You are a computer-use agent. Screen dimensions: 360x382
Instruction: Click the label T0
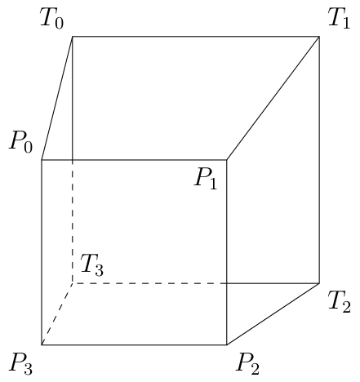(51, 19)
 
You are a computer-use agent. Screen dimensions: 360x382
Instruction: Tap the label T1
(338, 19)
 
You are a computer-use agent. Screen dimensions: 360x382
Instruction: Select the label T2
(340, 303)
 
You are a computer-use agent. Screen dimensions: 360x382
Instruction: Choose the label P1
(206, 179)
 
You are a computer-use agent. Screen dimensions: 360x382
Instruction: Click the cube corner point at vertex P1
(226, 160)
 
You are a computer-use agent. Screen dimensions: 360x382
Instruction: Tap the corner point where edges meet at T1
(318, 37)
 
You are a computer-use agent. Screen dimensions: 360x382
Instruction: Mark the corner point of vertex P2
(226, 344)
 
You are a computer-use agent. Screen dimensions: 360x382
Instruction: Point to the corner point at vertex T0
(73, 37)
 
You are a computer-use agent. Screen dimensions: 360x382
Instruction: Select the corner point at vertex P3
(42, 344)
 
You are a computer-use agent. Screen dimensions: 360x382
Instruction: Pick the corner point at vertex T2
(318, 283)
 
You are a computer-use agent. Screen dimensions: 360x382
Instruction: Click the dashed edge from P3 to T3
(57, 314)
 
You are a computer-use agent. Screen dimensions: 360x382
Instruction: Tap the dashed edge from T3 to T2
(147, 283)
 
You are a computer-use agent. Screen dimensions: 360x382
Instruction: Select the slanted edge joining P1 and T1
(273, 98)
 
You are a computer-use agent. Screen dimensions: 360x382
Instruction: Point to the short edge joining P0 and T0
(57, 98)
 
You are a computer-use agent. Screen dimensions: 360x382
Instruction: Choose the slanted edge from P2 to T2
(273, 314)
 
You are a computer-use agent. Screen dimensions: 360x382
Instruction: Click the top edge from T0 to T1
(196, 37)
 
